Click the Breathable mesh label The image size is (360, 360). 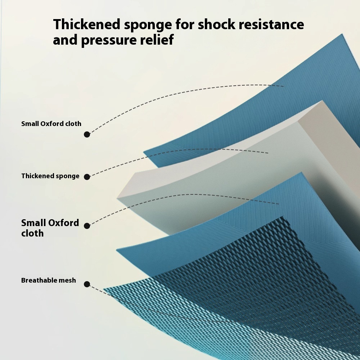[x=49, y=280]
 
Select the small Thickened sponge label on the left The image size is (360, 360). [x=50, y=176]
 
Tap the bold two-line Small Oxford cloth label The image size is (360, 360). [x=50, y=228]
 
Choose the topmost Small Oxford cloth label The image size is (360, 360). [x=51, y=123]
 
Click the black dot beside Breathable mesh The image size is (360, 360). [x=87, y=284]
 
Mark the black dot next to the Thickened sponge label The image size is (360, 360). [x=87, y=177]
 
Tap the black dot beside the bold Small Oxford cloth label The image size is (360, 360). [x=87, y=226]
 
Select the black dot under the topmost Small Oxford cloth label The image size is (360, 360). [x=87, y=134]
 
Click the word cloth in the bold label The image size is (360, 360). [x=32, y=233]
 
